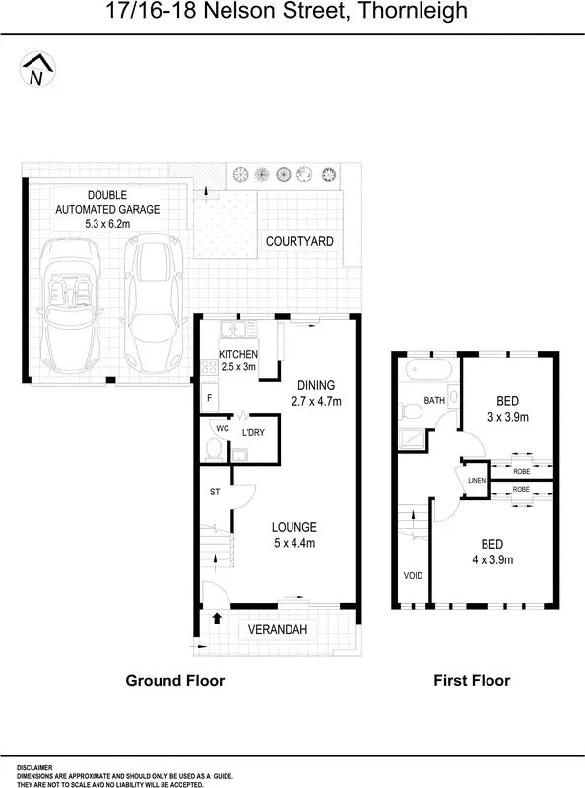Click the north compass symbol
37,71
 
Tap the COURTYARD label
299,241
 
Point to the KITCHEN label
237,355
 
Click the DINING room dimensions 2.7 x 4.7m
315,401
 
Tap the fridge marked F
209,398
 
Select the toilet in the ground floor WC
214,450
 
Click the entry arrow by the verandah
216,619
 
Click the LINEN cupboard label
477,480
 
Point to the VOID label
413,576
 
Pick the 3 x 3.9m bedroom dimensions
507,417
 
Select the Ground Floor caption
174,680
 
